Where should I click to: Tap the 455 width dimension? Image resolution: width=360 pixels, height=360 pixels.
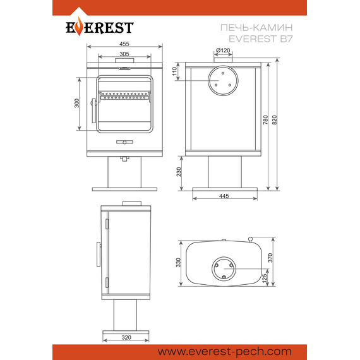(124, 44)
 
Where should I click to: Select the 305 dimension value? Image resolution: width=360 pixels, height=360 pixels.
(124, 54)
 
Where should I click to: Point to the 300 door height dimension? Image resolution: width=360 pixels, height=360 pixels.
(77, 103)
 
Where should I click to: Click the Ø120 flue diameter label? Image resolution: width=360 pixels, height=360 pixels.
(223, 50)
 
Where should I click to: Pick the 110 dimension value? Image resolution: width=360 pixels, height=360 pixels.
(175, 71)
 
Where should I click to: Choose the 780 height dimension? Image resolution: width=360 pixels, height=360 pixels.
(265, 120)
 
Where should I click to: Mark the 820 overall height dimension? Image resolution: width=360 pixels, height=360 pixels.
(275, 120)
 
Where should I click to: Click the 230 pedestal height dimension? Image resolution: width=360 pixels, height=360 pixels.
(179, 172)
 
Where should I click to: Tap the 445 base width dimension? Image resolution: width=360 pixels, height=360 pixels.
(224, 196)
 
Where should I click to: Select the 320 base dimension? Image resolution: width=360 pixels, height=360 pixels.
(126, 337)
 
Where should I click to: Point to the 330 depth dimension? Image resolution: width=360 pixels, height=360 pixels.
(178, 263)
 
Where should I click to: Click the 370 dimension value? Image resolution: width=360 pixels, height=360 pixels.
(270, 258)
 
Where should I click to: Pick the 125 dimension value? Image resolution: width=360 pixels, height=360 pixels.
(265, 278)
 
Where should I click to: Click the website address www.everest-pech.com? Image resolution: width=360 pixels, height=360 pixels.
(225, 352)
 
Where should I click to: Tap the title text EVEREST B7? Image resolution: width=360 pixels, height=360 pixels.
(261, 39)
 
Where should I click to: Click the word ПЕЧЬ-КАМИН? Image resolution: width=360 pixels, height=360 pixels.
(256, 28)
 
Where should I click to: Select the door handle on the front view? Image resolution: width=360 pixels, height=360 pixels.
(93, 111)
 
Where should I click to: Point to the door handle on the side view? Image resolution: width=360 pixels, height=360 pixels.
(99, 254)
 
